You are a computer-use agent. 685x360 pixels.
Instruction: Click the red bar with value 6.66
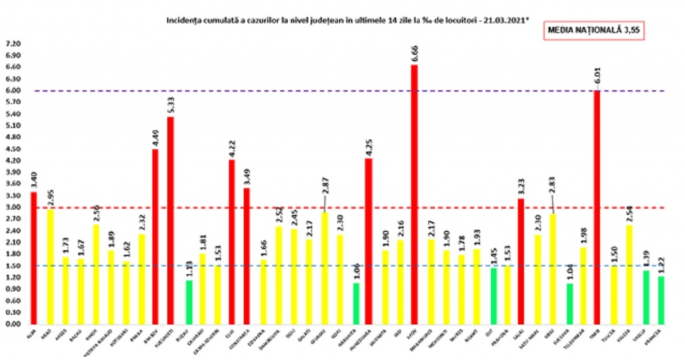(x=414, y=194)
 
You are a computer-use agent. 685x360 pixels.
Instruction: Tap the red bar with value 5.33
(x=171, y=221)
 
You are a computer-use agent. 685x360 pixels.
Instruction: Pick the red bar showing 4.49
(x=155, y=237)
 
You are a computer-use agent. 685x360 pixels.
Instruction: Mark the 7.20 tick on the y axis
(x=13, y=43)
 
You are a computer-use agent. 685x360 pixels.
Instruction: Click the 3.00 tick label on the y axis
(x=13, y=207)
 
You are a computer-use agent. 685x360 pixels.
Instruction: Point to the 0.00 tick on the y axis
(x=13, y=325)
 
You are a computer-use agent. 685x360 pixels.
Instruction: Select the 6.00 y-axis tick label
(x=13, y=90)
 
